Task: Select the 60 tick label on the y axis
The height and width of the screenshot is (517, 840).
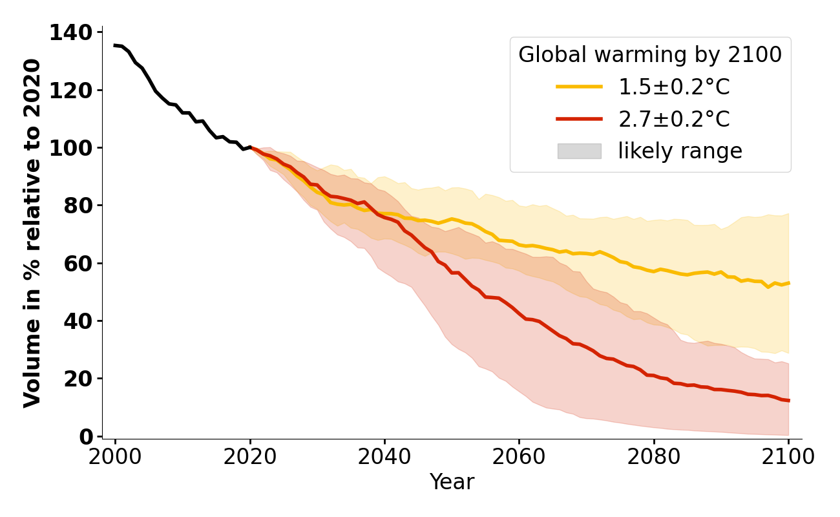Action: click(78, 263)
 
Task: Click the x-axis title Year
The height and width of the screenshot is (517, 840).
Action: click(452, 482)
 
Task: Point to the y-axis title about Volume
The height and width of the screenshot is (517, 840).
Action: click(32, 233)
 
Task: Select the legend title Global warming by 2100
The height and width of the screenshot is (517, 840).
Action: click(650, 55)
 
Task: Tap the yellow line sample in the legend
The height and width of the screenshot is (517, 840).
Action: click(579, 87)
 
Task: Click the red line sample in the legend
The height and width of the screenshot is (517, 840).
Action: click(579, 119)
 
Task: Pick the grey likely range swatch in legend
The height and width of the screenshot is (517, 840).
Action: click(579, 151)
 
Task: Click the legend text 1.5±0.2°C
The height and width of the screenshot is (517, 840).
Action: click(674, 87)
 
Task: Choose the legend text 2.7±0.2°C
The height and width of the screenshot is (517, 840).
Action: click(674, 119)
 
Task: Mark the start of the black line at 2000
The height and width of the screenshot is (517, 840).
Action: click(115, 45)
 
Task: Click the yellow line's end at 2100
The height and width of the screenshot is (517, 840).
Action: click(788, 283)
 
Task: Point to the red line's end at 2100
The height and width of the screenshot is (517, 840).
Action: click(788, 401)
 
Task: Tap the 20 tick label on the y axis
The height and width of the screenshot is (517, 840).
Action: click(78, 379)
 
